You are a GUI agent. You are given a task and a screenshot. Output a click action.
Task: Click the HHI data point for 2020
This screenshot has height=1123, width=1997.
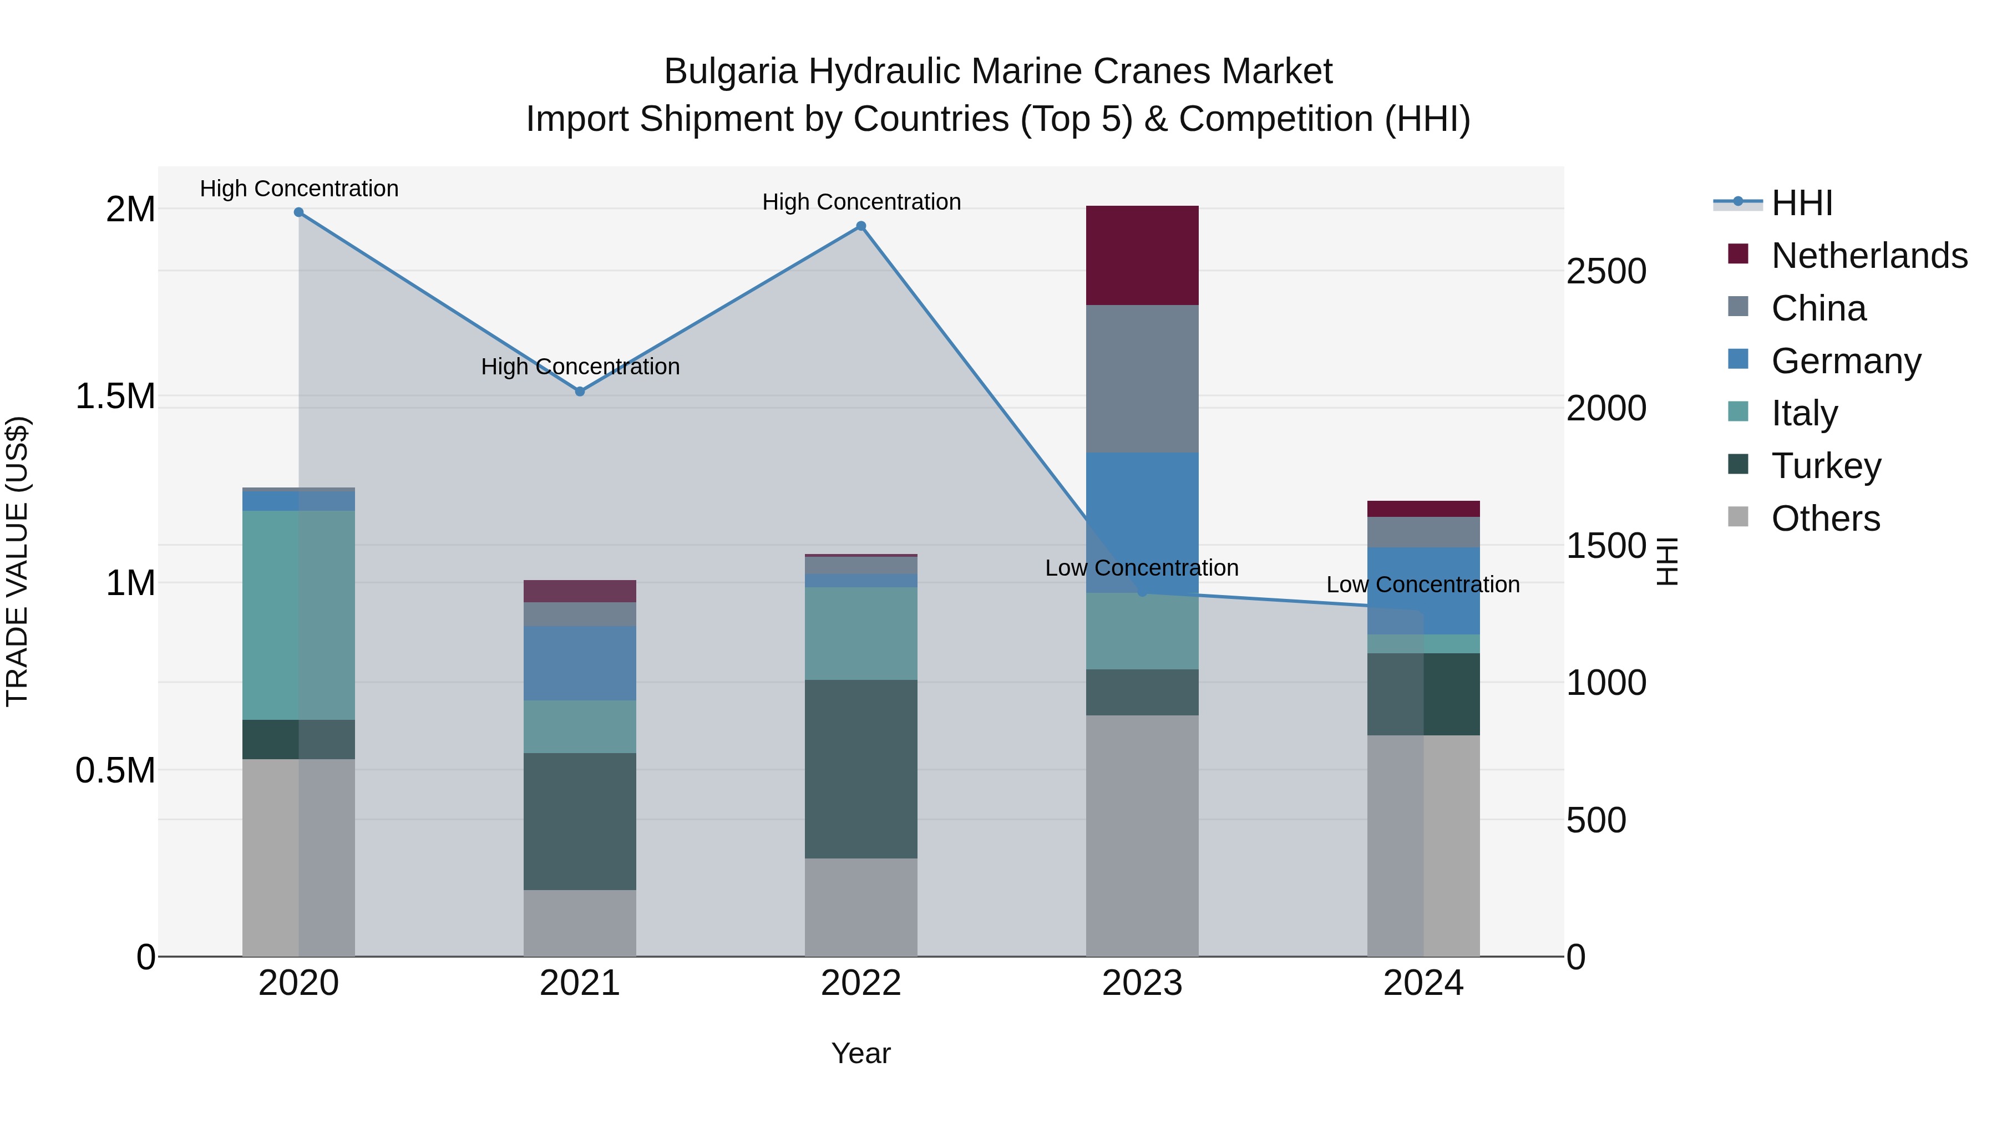click(x=298, y=212)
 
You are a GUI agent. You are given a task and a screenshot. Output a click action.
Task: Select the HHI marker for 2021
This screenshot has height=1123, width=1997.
click(x=580, y=392)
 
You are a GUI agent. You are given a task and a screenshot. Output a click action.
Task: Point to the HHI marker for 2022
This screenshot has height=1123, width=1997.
click(x=860, y=226)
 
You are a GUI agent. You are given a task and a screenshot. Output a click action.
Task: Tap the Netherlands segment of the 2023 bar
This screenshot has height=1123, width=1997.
click(x=1142, y=255)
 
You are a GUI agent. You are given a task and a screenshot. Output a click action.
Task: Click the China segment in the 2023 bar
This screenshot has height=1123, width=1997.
click(x=1142, y=378)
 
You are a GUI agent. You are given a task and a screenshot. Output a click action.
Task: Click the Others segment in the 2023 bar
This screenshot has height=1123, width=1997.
click(x=1142, y=836)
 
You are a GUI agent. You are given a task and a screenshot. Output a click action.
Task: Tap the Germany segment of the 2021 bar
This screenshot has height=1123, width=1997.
click(x=580, y=663)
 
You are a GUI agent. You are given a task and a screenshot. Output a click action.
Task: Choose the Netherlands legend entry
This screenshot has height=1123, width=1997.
click(x=1868, y=256)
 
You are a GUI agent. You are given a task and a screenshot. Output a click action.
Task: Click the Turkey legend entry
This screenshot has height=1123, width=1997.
click(x=1826, y=466)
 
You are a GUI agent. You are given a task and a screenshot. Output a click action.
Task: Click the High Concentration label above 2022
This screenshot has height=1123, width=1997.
click(x=860, y=201)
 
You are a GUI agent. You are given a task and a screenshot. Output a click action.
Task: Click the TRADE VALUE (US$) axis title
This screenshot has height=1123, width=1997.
click(x=17, y=561)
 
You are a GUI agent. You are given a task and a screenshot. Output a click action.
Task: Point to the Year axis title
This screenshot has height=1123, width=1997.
click(x=860, y=1053)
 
